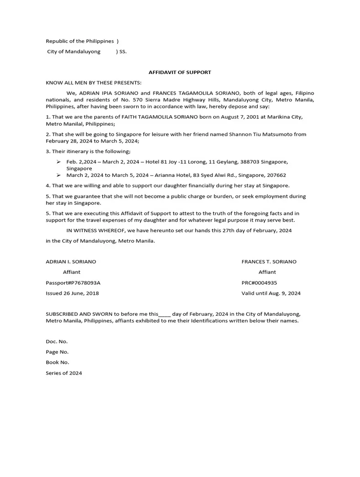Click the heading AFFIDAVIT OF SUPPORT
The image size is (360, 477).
[180, 72]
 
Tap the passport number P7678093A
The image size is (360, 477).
[84, 283]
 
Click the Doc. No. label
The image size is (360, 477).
[57, 341]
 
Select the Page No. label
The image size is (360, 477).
[57, 352]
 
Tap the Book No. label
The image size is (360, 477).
[58, 362]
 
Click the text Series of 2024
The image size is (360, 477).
[64, 373]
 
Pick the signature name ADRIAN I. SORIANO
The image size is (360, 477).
[71, 262]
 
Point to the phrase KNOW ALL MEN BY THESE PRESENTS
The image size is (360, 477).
[94, 83]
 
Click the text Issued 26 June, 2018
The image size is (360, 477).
[72, 293]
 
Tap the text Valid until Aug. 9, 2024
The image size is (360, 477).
[271, 293]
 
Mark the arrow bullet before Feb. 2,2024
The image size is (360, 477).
[58, 162]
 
